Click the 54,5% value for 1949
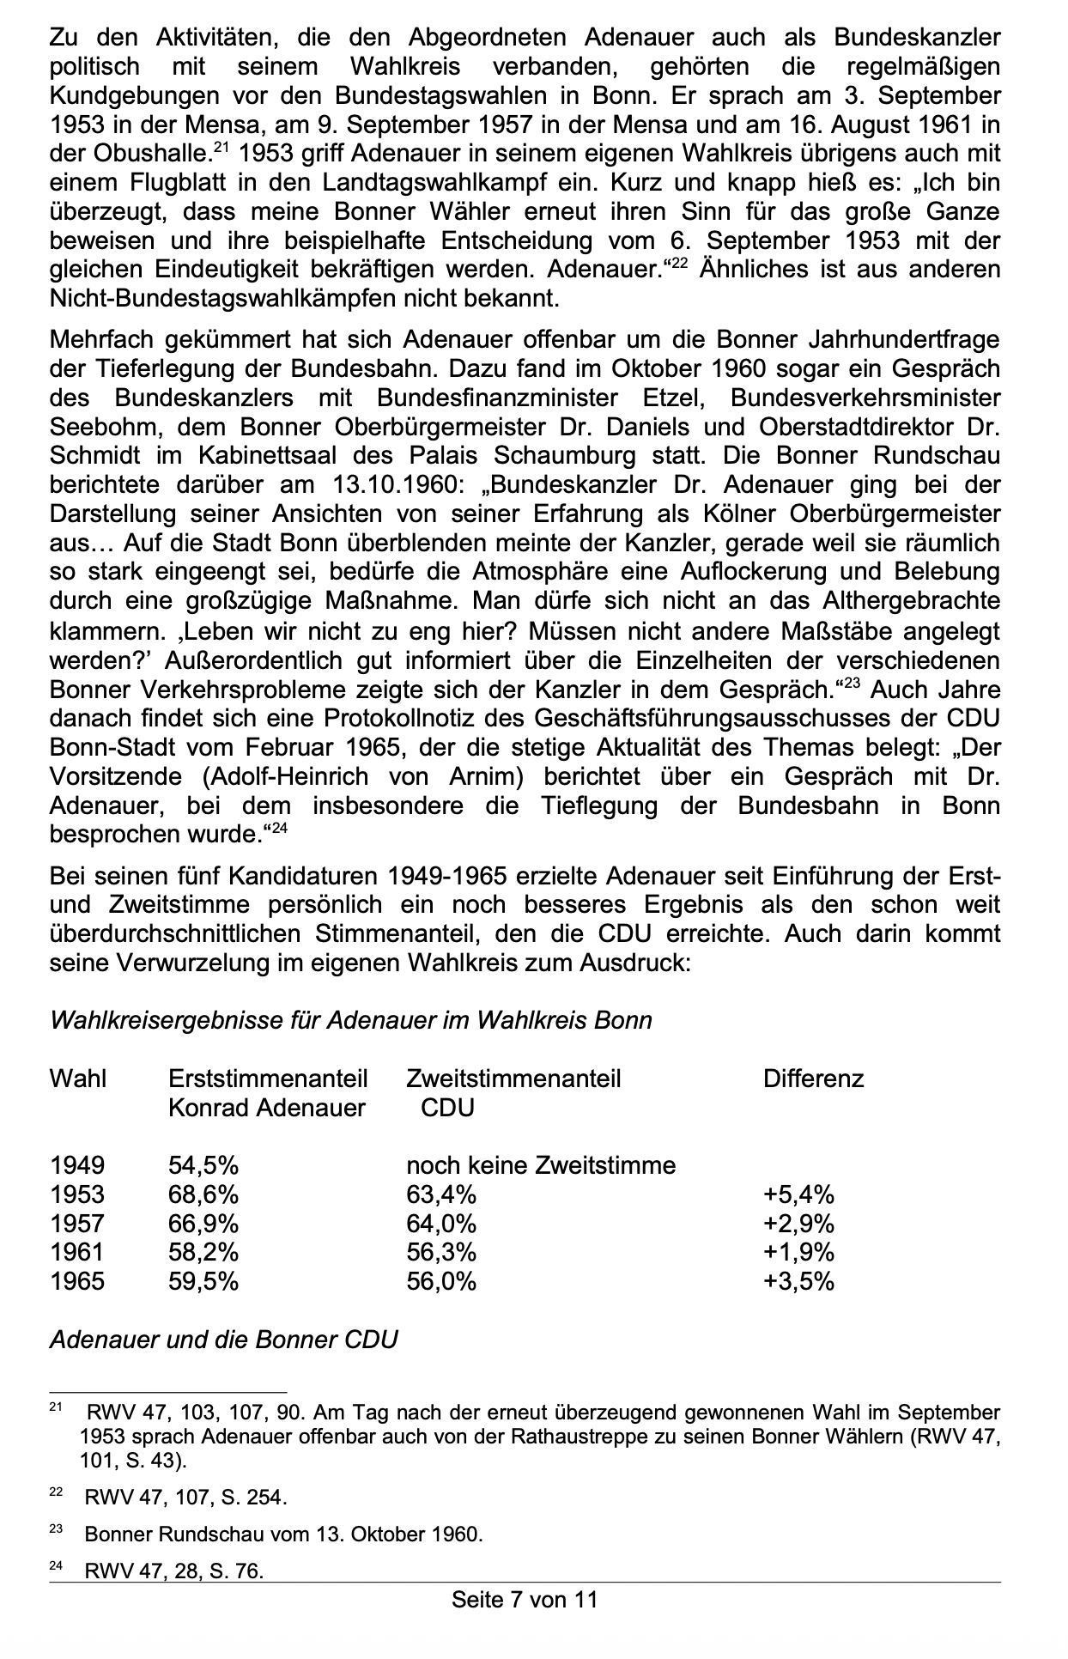(203, 1165)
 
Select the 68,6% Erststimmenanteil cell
(203, 1194)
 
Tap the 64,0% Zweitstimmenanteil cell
(441, 1224)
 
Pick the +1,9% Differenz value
(798, 1253)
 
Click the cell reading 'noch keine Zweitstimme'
(541, 1165)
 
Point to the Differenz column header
(813, 1079)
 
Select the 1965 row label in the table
(77, 1282)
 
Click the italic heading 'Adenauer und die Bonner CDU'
(224, 1340)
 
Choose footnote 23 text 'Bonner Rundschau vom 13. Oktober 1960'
(283, 1534)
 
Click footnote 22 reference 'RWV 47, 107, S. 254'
(185, 1498)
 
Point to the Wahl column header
(78, 1079)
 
